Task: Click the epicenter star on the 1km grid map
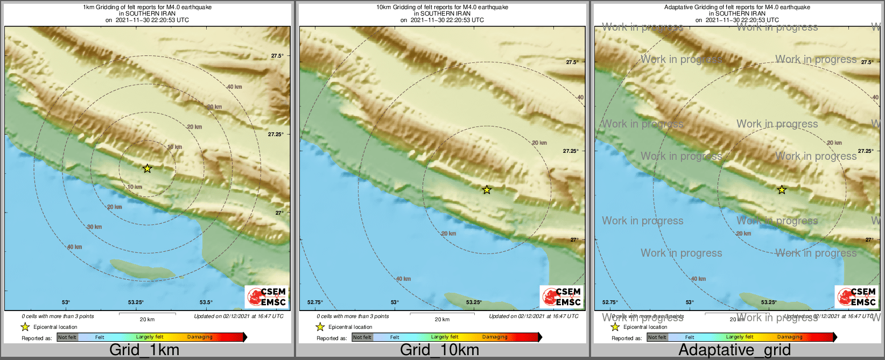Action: (147, 168)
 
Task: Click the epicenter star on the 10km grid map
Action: (487, 189)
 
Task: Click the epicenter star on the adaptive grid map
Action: (782, 189)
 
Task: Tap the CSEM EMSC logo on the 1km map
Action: (266, 297)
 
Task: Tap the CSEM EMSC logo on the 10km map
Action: (561, 297)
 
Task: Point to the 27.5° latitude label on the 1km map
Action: (277, 56)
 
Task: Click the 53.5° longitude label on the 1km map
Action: (206, 302)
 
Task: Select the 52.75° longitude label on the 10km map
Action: (315, 302)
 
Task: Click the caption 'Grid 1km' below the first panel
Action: (144, 350)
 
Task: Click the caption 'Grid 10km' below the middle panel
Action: (439, 350)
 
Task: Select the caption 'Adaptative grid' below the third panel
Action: (734, 350)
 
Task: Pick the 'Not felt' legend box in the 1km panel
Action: (67, 337)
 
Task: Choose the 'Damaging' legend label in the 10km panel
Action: (495, 337)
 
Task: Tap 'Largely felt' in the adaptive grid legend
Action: (739, 337)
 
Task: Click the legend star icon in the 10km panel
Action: (320, 327)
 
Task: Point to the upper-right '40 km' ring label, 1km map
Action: (234, 87)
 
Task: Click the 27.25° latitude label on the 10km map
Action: (571, 151)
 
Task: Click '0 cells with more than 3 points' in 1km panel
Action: (58, 316)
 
